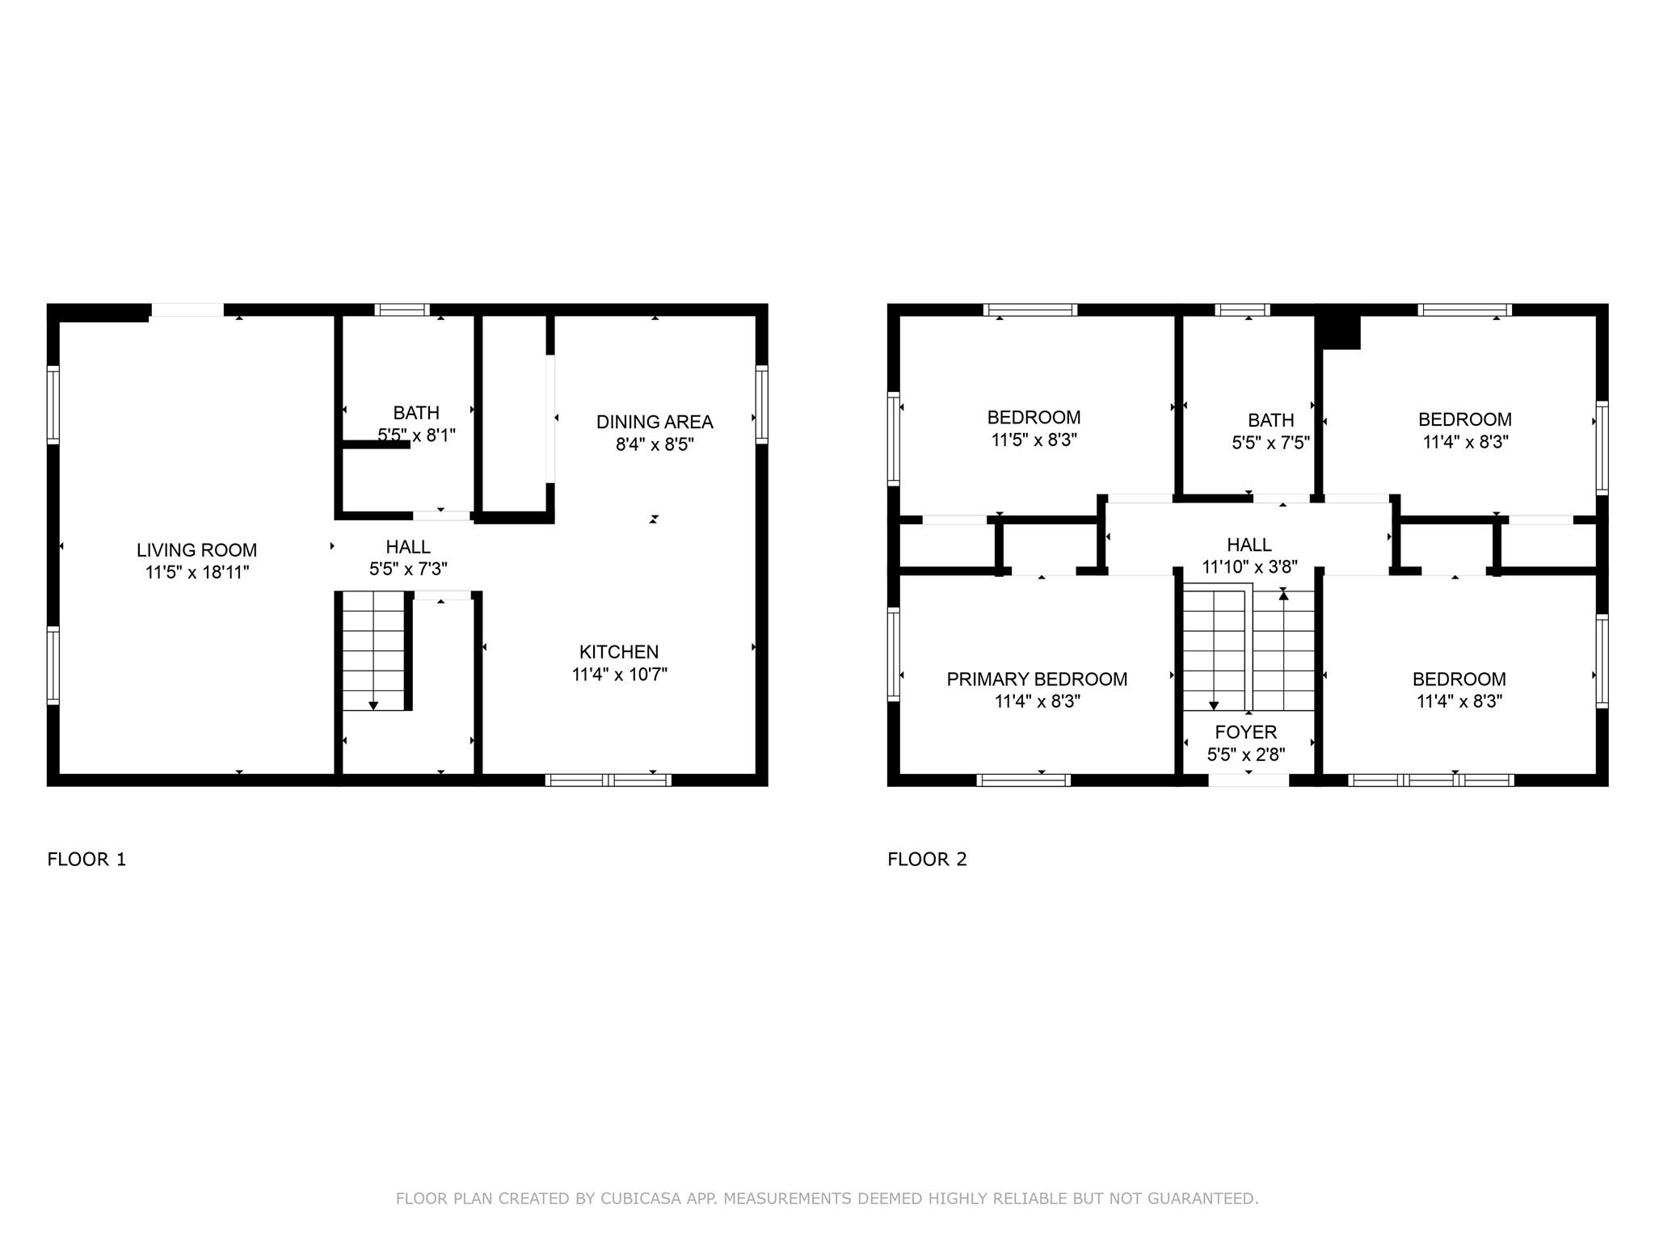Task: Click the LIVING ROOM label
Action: click(196, 550)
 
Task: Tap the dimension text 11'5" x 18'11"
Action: click(197, 573)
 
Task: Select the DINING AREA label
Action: click(655, 422)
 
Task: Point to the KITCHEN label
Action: click(619, 652)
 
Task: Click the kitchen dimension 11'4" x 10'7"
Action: click(620, 675)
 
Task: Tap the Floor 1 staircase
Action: click(373, 650)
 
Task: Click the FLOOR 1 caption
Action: click(87, 859)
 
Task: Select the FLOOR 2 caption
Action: click(927, 859)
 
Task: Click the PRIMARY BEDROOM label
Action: click(1037, 679)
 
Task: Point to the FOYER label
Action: click(1246, 732)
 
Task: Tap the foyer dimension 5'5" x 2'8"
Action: click(1246, 755)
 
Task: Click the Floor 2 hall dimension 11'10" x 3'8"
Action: click(1249, 567)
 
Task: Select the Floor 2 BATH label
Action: click(1271, 420)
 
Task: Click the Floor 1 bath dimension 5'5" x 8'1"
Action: click(416, 435)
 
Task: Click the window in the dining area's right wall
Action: click(761, 404)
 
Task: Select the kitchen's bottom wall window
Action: click(608, 780)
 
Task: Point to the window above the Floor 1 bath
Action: click(402, 309)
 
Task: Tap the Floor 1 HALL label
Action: click(408, 547)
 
